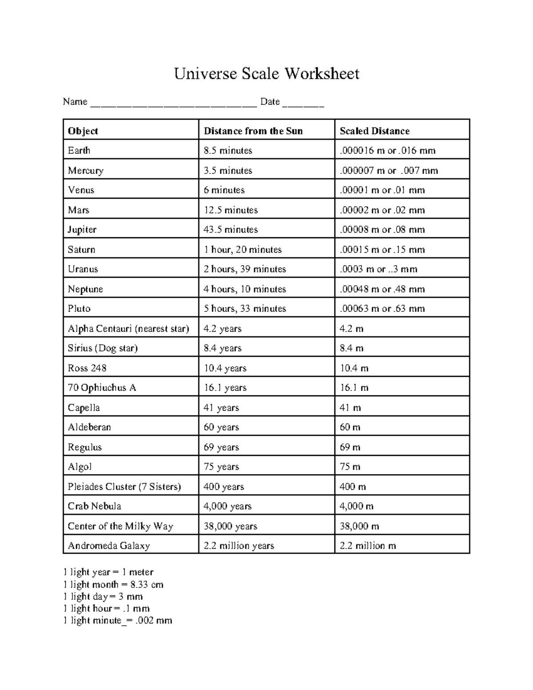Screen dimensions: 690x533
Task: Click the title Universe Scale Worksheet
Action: click(x=266, y=74)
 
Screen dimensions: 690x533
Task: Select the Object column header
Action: click(x=83, y=131)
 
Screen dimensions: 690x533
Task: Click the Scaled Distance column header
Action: click(x=374, y=131)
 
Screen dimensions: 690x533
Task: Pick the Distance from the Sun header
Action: click(x=253, y=131)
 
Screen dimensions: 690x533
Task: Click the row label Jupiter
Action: click(x=82, y=230)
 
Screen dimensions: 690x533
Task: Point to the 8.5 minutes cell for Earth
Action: click(x=228, y=151)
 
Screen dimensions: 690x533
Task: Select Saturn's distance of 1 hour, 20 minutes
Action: click(x=243, y=250)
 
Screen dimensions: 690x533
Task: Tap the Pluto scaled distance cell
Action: click(x=382, y=309)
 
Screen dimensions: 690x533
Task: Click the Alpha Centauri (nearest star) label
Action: click(x=128, y=329)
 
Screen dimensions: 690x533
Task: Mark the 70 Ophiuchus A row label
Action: click(x=102, y=388)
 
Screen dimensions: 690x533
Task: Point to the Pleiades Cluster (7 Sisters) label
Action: click(x=124, y=487)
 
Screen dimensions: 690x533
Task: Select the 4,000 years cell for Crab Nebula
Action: click(x=227, y=507)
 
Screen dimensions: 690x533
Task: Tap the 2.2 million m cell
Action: click(x=367, y=546)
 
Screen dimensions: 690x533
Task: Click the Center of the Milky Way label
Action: click(x=120, y=526)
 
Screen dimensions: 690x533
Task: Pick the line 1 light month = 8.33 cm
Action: click(x=113, y=585)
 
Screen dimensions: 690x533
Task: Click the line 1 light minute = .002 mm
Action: click(x=118, y=621)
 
